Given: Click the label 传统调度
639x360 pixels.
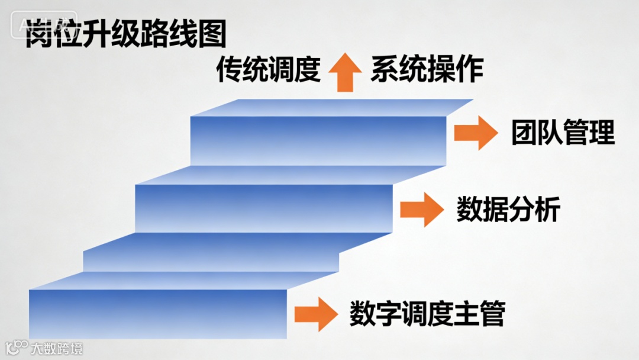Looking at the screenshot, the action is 268,69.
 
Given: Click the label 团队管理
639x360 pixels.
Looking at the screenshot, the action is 563,133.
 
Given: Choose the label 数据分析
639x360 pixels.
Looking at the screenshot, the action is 508,209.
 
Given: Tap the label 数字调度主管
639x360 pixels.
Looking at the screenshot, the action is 427,313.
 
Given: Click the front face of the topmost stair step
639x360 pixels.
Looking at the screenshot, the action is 318,140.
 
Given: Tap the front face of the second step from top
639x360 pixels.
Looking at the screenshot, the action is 263,207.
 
